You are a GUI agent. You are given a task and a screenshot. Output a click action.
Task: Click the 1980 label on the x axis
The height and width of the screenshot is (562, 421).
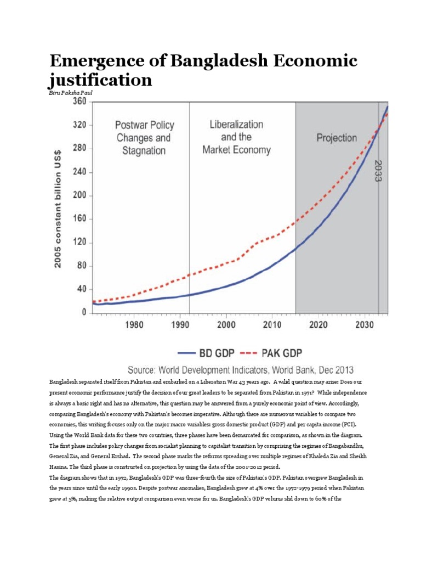coord(134,325)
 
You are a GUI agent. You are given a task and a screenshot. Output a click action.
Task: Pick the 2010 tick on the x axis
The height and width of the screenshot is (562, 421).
coord(272,325)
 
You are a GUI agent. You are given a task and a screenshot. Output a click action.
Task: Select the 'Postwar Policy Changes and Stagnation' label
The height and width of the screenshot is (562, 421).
coord(141,137)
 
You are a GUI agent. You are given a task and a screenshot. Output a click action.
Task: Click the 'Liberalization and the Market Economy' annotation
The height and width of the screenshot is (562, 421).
coord(236,137)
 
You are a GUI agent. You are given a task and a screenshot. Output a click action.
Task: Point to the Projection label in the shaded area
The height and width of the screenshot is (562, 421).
coord(337,138)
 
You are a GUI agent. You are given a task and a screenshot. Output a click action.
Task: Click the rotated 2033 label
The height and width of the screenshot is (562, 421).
coord(379,171)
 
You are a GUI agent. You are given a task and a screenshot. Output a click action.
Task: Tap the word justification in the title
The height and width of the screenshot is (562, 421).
coord(100,80)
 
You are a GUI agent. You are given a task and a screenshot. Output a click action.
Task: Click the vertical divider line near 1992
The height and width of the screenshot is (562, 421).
coord(190,209)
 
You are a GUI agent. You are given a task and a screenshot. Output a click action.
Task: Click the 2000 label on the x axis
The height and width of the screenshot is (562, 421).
coord(226,325)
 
